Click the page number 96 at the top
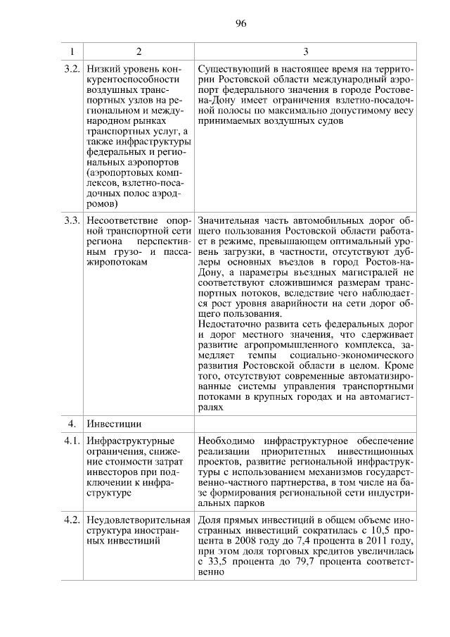click(240, 24)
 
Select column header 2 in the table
click(139, 51)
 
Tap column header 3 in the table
click(305, 51)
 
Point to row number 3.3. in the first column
click(71, 222)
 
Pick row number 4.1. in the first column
click(71, 441)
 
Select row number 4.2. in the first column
click(71, 520)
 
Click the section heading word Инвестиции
click(114, 424)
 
